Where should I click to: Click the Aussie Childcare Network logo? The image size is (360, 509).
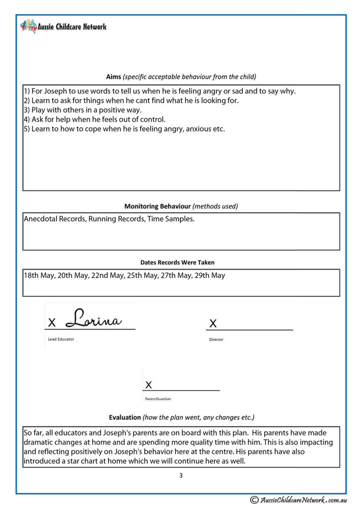point(64,26)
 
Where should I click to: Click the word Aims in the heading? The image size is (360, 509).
point(113,77)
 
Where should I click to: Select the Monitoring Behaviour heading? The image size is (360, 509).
point(158,206)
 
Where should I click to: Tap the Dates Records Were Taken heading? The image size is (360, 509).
point(177,263)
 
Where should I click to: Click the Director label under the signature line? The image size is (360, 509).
point(216,340)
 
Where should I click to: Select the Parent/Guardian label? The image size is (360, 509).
point(158,399)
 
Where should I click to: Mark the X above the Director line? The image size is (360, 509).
point(213,323)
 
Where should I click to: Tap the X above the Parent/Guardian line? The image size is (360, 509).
point(149,384)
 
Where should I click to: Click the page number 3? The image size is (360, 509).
point(181,475)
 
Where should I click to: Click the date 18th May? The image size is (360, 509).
point(39,275)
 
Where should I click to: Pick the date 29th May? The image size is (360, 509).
point(209,275)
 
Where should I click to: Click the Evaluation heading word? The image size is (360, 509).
point(125,417)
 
